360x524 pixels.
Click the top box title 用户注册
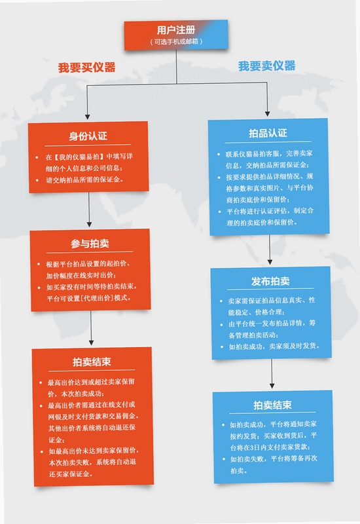pos(176,30)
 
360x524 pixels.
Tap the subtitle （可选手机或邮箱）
pos(176,41)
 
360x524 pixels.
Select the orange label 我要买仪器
pos(87,67)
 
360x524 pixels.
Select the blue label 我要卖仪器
pos(267,65)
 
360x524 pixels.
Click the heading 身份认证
pos(88,136)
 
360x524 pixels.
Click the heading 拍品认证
pos(268,133)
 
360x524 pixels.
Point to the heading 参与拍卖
pos(90,243)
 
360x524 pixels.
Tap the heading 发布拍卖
pos(270,281)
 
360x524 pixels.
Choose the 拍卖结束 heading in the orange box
pos(92,362)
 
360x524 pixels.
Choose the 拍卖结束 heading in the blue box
pos(272,405)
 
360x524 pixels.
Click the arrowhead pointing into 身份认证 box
pos(87,117)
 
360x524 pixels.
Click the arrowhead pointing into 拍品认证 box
pos(267,114)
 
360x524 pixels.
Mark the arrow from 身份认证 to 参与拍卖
pos(89,210)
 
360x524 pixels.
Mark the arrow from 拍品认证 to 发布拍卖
pos(270,250)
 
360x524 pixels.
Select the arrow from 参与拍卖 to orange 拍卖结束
pos(91,328)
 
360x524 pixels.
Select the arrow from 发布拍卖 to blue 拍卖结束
pos(272,373)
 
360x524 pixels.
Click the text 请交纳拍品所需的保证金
pos(84,179)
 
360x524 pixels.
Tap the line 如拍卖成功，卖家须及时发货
pos(274,346)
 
